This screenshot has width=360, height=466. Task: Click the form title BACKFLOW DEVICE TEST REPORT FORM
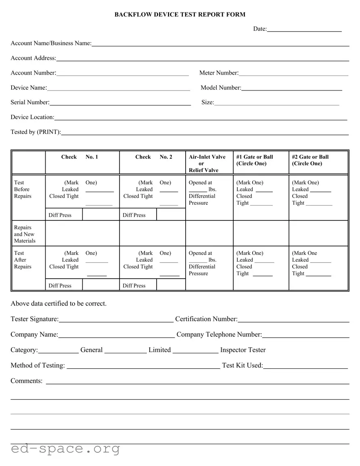click(x=180, y=15)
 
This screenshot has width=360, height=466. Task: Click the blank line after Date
click(x=304, y=29)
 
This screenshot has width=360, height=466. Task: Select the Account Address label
click(x=33, y=58)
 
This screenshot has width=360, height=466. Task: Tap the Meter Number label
click(x=219, y=73)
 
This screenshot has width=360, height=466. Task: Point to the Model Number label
click(x=221, y=88)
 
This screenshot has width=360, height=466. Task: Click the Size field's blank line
click(x=276, y=103)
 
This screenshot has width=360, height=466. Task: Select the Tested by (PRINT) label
click(x=36, y=132)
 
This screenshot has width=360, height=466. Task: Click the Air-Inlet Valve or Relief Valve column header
click(x=207, y=163)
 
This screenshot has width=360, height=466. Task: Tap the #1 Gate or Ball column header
click(x=255, y=160)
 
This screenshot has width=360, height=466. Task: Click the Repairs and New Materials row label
click(x=25, y=234)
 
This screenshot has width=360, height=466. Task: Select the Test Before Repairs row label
click(x=23, y=189)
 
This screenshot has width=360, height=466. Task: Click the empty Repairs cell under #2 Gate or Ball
click(x=318, y=233)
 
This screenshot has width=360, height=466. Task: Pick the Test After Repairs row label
click(x=23, y=260)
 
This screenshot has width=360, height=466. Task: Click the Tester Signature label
click(x=34, y=319)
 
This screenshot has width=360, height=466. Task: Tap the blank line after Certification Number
click(x=293, y=320)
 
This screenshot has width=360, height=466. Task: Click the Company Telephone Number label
click(x=219, y=335)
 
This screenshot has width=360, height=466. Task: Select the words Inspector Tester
click(x=243, y=350)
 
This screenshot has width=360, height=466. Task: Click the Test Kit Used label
click(x=242, y=365)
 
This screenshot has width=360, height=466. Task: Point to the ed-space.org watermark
click(x=65, y=449)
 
